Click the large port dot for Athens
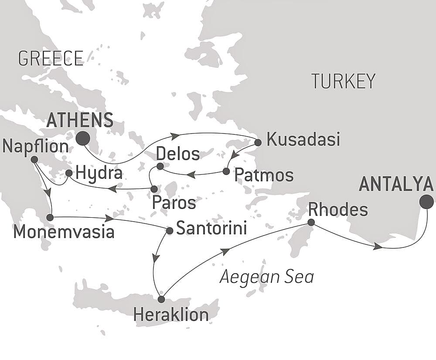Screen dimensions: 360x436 point(83,139)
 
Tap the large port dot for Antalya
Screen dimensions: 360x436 point(426,202)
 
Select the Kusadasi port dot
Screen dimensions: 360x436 point(258,142)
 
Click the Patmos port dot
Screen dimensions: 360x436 point(226,171)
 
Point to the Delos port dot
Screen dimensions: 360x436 point(160,166)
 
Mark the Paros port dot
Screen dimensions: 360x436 point(154,189)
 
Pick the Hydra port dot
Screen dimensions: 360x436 point(69,173)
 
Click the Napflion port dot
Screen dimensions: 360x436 point(34,160)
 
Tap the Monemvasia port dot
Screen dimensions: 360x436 point(50,217)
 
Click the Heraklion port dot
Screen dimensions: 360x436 point(161,299)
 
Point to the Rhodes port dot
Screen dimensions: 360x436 point(311,223)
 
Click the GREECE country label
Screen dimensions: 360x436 point(51,58)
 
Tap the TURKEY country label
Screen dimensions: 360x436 point(343,81)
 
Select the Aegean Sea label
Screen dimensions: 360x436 point(266,277)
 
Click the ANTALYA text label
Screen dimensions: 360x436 point(396,185)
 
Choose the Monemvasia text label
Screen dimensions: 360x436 point(64,232)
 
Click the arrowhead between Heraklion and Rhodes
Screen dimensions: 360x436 point(225,251)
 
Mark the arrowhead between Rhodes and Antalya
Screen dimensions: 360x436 point(378,247)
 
